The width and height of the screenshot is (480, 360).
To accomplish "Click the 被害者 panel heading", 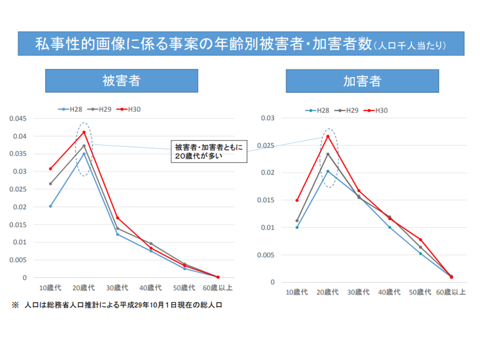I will coord(121,81).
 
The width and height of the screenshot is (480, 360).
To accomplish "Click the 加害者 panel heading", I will coord(362,81).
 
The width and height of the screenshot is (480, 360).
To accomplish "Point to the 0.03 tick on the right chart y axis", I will coord(268,118).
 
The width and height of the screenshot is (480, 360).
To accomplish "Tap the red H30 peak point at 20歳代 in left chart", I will coord(84,132).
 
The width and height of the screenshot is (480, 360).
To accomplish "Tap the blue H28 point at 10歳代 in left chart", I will coord(50,206).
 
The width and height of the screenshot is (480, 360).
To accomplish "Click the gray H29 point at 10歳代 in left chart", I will coord(50,183).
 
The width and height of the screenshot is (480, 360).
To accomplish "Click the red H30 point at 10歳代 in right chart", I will coord(297,200).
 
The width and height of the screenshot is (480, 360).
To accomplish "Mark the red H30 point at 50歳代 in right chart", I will coord(421,239).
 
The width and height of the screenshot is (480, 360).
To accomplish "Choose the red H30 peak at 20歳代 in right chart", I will coord(328,136).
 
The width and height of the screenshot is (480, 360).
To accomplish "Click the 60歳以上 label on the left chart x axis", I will coord(217,288).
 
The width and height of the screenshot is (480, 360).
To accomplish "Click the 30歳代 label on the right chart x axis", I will coord(358,292).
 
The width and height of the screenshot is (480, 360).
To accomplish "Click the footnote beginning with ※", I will coord(117,305).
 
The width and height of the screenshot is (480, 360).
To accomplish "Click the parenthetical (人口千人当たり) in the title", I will coord(409,46).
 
